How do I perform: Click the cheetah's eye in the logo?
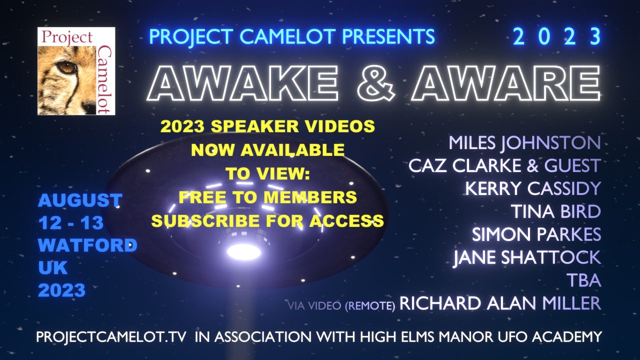point(66,67)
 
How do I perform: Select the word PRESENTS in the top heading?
point(388,36)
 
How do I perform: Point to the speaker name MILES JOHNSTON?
point(524,142)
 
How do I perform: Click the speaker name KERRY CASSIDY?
point(533,188)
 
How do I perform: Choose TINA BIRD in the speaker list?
point(555,211)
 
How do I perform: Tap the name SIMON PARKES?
point(536,234)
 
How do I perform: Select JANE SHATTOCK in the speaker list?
point(527,257)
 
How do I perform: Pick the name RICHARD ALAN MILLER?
point(500,303)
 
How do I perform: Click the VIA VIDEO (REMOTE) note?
point(341,305)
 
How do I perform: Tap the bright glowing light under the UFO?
point(243,252)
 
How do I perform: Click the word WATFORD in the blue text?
point(87,245)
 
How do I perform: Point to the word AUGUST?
point(80,200)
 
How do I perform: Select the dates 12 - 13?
point(71,222)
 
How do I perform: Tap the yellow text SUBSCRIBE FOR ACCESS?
point(267,220)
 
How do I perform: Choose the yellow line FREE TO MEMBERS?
point(267,197)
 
